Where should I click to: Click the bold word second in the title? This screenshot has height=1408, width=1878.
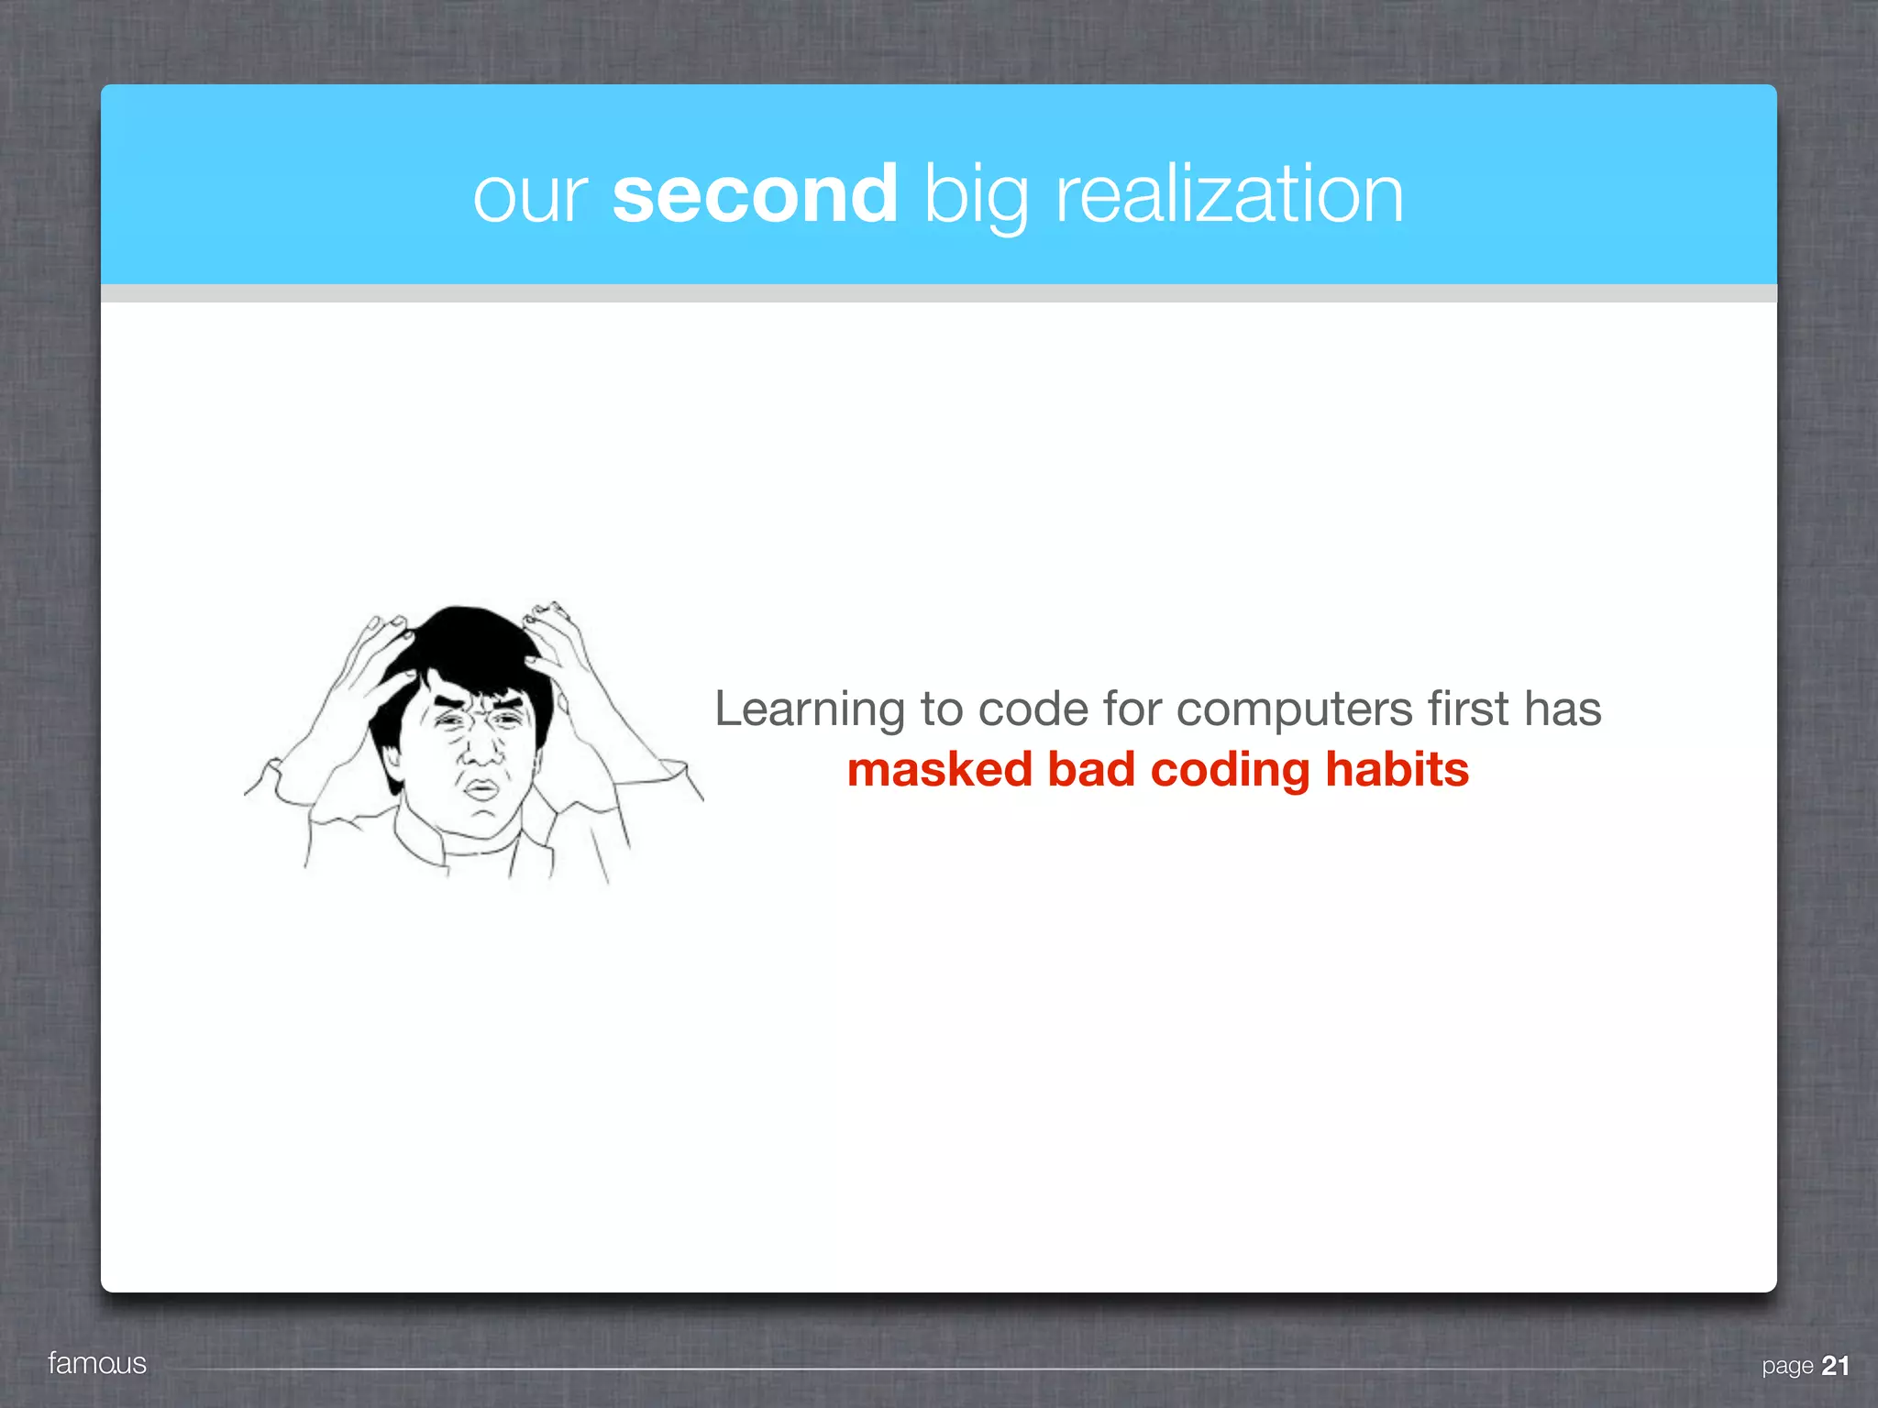point(755,194)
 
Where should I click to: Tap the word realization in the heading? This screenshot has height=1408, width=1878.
point(1230,194)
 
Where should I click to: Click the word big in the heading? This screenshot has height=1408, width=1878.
point(977,196)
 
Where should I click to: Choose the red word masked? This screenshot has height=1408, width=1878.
point(939,769)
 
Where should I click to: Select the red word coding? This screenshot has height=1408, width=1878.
point(1230,771)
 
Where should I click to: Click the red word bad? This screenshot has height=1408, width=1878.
point(1091,769)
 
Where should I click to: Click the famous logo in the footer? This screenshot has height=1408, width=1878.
point(97,1363)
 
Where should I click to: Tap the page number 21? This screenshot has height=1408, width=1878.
point(1835,1366)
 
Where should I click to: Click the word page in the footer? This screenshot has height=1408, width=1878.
point(1787,1367)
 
